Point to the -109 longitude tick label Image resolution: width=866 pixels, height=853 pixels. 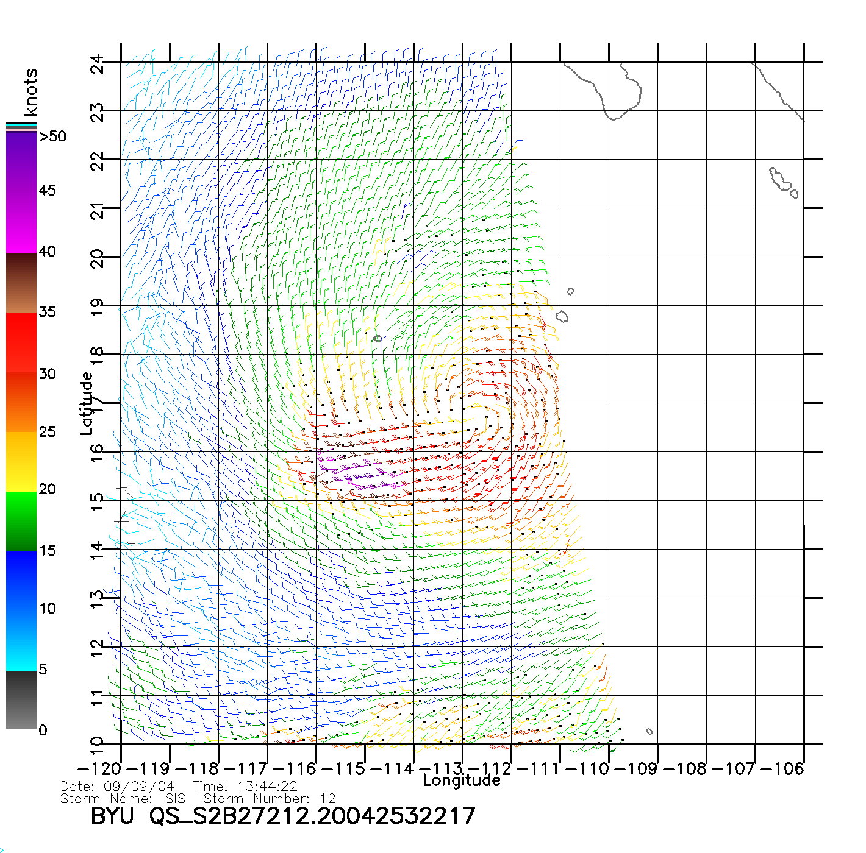point(635,769)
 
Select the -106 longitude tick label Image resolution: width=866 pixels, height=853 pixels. point(782,769)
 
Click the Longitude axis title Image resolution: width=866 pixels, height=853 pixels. point(462,780)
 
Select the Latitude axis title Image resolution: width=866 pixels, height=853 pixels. point(87,403)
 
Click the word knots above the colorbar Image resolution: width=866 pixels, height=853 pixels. point(30,92)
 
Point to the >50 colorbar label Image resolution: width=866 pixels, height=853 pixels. point(53,136)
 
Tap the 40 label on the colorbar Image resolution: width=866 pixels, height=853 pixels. point(48,251)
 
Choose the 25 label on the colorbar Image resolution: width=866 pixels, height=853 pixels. point(48,432)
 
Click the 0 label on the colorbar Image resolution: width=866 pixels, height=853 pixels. point(43,730)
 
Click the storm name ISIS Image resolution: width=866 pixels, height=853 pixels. point(173,798)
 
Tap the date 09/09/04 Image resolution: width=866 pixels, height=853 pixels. point(139,787)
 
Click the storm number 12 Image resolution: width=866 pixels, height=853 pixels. point(327,798)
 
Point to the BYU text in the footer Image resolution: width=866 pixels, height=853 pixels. point(112,815)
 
